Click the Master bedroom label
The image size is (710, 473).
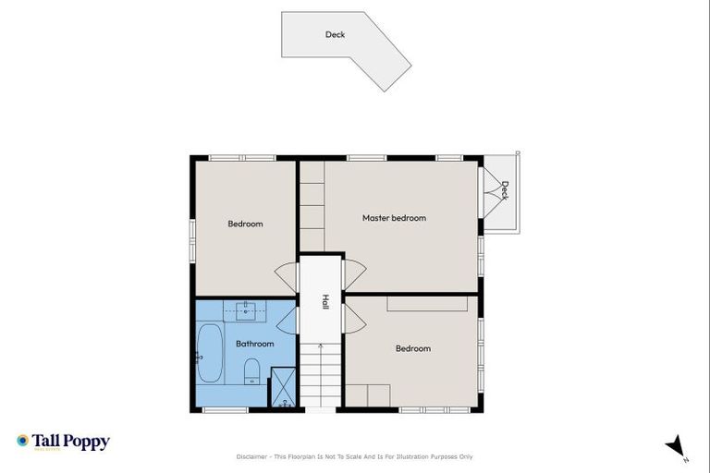click(394, 218)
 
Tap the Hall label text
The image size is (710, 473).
click(325, 301)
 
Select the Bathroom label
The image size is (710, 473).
click(254, 344)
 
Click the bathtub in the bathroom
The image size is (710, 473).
click(210, 354)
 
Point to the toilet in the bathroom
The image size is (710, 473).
click(251, 372)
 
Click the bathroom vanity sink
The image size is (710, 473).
click(246, 310)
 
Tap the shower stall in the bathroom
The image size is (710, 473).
click(283, 387)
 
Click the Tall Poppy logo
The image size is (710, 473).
click(63, 442)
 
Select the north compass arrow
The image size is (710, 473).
click(676, 446)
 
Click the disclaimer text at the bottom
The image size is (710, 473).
click(355, 456)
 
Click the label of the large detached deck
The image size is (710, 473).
click(335, 35)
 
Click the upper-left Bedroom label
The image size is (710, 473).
click(245, 224)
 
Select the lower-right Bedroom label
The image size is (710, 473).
click(413, 348)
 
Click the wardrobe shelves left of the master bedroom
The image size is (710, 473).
click(312, 205)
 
